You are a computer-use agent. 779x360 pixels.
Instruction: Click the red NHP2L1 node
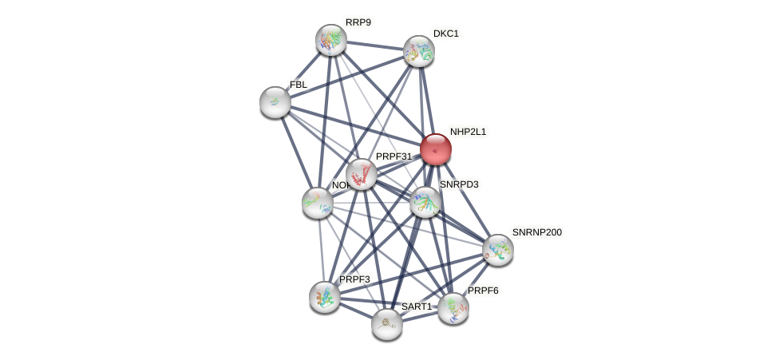(436, 149)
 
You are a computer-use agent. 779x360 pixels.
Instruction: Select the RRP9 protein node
(330, 40)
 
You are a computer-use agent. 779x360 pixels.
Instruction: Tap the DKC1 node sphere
(418, 51)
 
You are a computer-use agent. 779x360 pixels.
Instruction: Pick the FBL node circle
(275, 102)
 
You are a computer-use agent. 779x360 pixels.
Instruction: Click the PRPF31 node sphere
(361, 174)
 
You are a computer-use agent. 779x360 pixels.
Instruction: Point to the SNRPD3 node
(425, 202)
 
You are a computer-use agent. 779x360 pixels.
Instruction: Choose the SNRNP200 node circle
(497, 250)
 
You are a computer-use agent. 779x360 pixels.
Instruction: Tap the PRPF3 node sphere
(325, 297)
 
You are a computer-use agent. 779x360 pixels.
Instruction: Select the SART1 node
(387, 323)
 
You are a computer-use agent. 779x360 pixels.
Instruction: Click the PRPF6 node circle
(453, 308)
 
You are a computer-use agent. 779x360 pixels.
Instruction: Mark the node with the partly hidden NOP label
(318, 203)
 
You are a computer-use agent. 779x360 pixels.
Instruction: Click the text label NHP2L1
(468, 132)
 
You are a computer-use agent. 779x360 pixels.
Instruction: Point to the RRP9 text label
(358, 22)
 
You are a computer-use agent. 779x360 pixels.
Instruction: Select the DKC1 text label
(446, 34)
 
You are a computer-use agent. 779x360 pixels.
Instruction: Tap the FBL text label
(299, 85)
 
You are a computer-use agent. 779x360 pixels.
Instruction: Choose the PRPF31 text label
(393, 156)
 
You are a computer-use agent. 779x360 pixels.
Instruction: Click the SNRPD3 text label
(459, 184)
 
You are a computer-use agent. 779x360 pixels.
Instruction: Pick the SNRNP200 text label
(537, 232)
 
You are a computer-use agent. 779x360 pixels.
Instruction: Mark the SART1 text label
(416, 307)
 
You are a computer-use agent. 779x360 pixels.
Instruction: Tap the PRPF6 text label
(483, 291)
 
